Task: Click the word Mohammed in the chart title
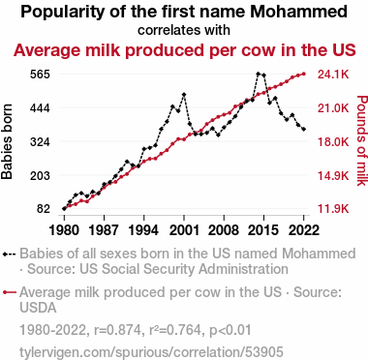point(299,12)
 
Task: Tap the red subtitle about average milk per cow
point(185,50)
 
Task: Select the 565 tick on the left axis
point(40,75)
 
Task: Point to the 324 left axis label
point(40,142)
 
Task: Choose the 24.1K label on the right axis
point(333,75)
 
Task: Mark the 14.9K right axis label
point(333,175)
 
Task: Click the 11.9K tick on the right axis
point(333,209)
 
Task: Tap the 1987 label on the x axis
point(104,230)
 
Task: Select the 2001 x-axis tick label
point(184,230)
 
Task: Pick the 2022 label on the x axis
point(304,230)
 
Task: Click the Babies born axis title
point(7,141)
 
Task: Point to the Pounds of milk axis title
point(362,140)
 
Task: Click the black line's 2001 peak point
point(184,95)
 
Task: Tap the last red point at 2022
point(304,75)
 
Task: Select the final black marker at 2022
point(304,130)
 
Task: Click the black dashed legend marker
point(9,254)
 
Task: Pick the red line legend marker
point(9,292)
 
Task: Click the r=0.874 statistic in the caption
point(117,330)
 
